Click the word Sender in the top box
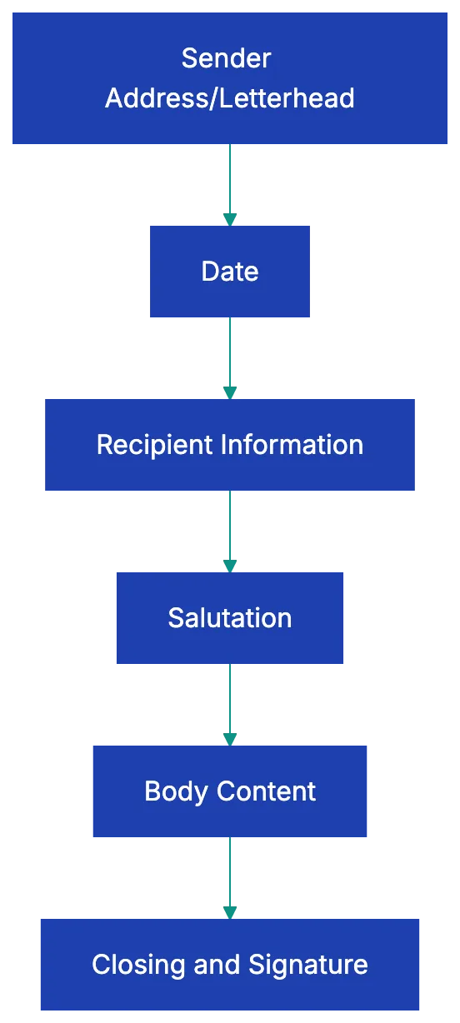coord(226,58)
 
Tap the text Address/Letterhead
coord(230,98)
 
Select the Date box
coord(230,271)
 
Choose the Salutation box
coord(230,617)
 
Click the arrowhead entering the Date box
coord(230,218)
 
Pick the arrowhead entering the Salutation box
coord(230,565)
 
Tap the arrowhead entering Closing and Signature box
coord(230,911)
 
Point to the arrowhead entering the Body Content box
coord(230,738)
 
